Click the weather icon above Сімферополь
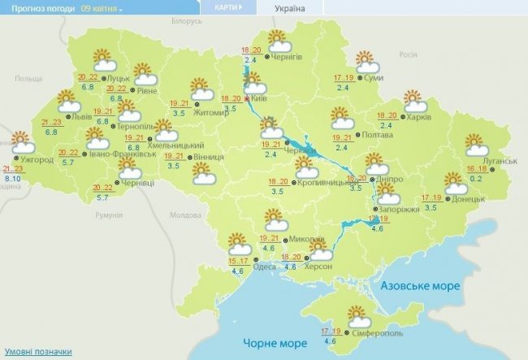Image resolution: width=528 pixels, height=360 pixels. point(357,314)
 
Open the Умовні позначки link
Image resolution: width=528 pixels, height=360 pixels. point(37,352)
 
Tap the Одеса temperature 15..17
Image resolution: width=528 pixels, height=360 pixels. point(238,260)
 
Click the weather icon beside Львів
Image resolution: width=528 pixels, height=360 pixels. point(67,102)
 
